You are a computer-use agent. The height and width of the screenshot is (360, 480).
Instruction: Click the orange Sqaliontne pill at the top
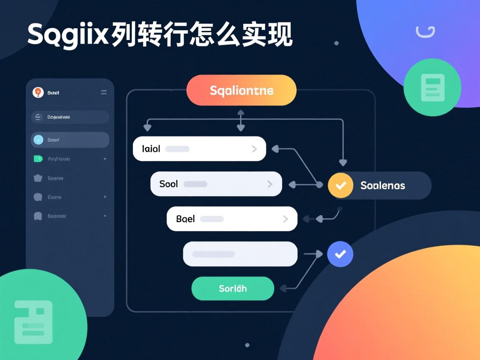241,90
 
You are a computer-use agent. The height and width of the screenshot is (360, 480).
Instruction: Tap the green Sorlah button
232,288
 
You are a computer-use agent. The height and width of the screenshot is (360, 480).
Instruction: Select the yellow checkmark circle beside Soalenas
340,185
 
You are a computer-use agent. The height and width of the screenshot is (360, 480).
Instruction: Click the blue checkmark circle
340,254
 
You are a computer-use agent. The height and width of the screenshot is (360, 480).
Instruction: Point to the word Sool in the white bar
168,184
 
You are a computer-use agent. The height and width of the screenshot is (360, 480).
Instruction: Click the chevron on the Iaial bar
254,149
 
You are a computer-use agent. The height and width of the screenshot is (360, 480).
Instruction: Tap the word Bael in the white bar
185,219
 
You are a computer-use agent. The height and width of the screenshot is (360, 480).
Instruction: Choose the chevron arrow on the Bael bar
285,219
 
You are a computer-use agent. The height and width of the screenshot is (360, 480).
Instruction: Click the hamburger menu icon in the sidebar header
104,92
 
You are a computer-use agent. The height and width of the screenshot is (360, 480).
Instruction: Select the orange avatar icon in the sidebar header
38,92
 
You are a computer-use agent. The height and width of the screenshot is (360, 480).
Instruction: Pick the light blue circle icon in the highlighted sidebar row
38,140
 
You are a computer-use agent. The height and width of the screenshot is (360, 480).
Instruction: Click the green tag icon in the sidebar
38,159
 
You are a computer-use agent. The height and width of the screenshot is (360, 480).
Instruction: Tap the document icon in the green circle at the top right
432,87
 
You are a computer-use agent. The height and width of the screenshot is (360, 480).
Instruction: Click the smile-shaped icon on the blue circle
425,32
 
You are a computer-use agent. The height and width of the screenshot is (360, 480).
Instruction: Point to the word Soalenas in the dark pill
382,185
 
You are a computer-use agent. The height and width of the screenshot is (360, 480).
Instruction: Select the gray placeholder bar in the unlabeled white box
213,254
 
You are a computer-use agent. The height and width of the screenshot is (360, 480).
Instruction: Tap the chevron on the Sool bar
270,184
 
